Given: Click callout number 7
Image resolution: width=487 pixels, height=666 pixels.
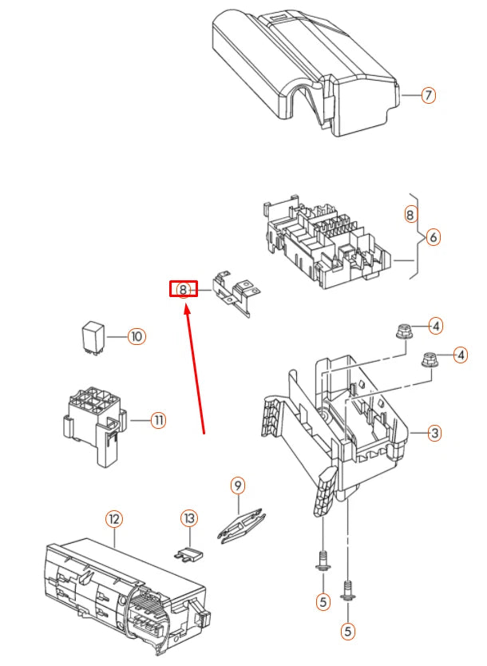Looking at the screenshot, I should [429, 96].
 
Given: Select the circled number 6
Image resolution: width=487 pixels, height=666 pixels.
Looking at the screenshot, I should [433, 237].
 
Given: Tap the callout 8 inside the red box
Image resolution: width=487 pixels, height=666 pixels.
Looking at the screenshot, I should [183, 289].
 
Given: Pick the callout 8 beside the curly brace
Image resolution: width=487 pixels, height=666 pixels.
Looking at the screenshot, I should [410, 214].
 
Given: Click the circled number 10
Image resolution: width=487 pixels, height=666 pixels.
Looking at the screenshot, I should [137, 337].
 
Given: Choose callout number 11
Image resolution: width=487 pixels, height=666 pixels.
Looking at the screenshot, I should [158, 420].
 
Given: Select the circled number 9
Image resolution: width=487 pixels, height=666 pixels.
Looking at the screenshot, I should [236, 484].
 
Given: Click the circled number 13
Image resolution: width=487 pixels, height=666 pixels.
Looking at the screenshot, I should [188, 519].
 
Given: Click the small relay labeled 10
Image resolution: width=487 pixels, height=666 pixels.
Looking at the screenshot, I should [93, 337].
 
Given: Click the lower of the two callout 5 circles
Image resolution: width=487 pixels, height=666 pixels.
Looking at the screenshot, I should [347, 631].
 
